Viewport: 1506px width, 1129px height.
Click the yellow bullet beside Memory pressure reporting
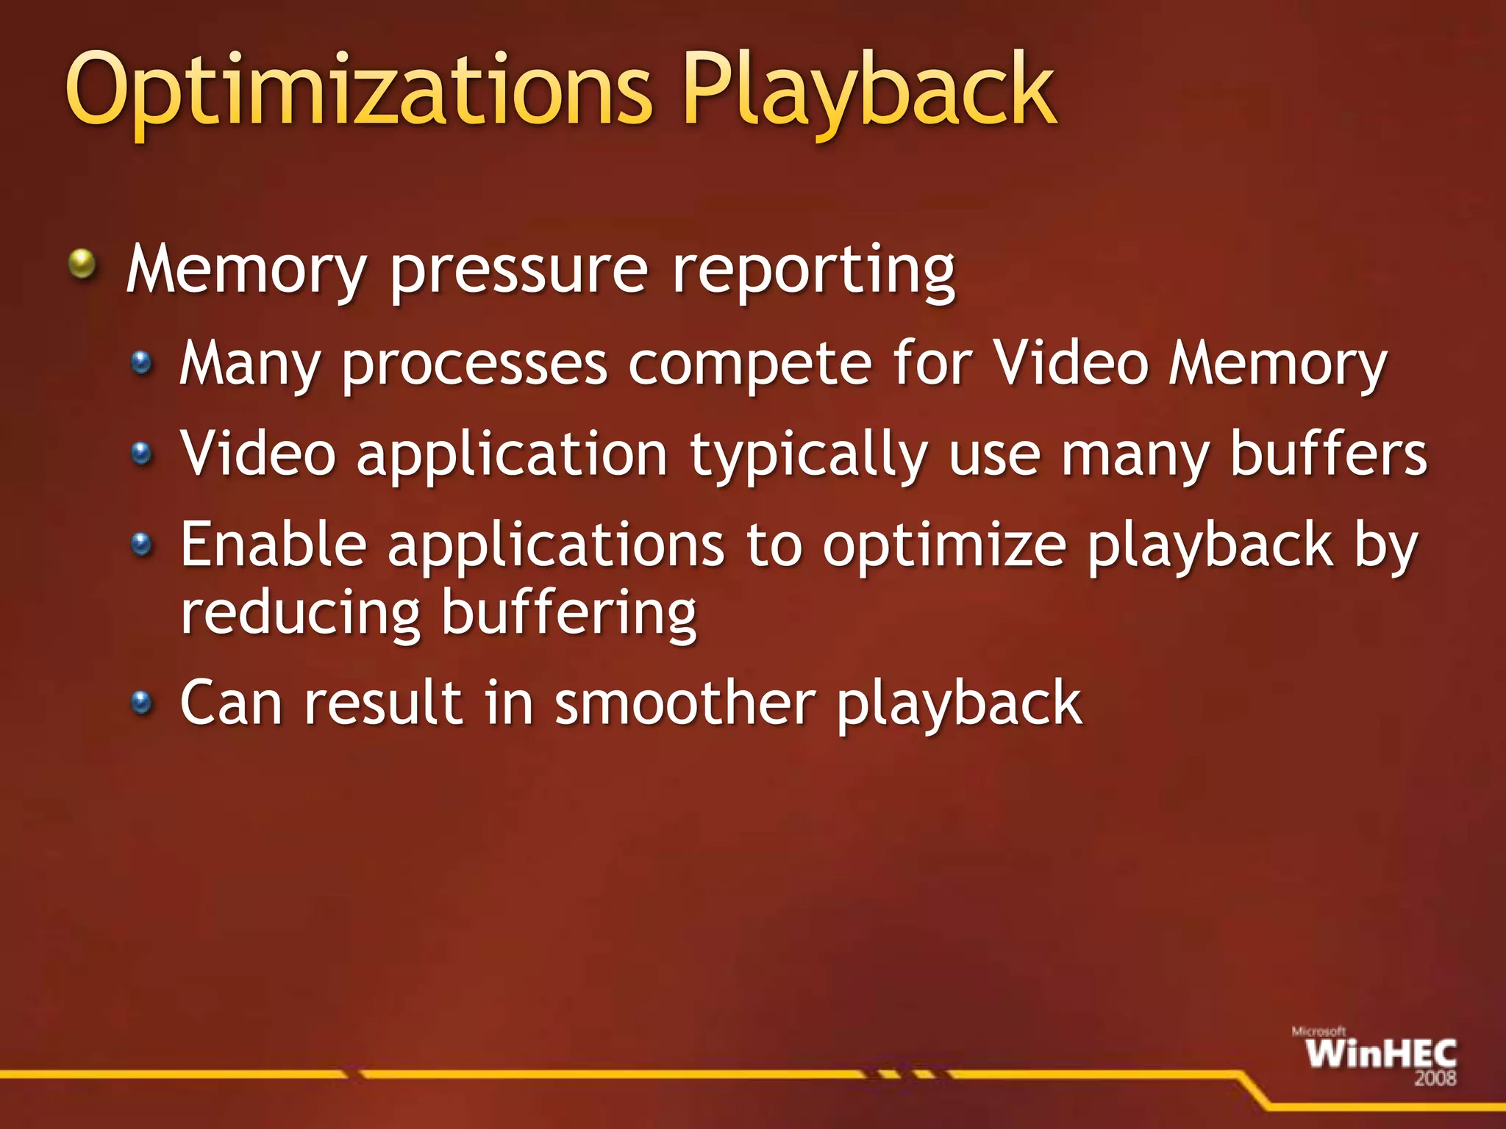point(82,264)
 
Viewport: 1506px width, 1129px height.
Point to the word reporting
point(813,272)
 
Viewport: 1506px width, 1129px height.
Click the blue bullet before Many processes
point(141,362)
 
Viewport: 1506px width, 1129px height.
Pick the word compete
point(749,363)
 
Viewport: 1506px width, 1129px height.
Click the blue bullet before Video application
point(141,453)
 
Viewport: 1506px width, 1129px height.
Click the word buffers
point(1328,454)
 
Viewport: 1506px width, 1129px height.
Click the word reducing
point(301,614)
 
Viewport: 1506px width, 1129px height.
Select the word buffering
point(569,614)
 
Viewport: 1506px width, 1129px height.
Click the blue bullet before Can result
point(141,703)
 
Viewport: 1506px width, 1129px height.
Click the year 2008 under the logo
point(1435,1079)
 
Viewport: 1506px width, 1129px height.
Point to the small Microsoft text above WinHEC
point(1318,1032)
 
